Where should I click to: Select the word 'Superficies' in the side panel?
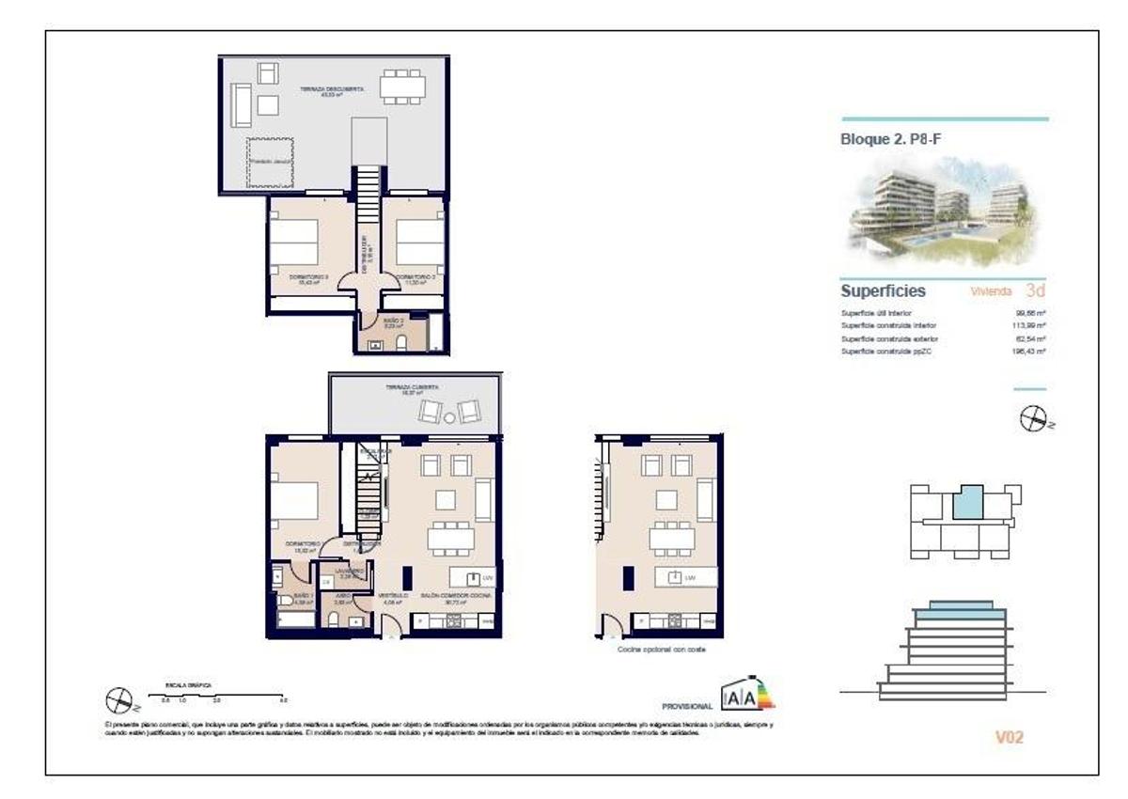point(883,291)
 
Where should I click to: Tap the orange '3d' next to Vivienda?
point(1035,290)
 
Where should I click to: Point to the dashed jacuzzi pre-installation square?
point(270,163)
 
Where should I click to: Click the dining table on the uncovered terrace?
point(401,86)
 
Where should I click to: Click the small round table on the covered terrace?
point(449,417)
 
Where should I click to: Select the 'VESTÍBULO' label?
point(392,596)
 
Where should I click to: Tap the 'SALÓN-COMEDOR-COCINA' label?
point(457,596)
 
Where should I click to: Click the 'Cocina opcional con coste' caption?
point(659,649)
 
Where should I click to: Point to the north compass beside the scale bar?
point(119,699)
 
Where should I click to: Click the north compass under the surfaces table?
point(1032,419)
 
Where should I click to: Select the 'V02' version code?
point(1009,737)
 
